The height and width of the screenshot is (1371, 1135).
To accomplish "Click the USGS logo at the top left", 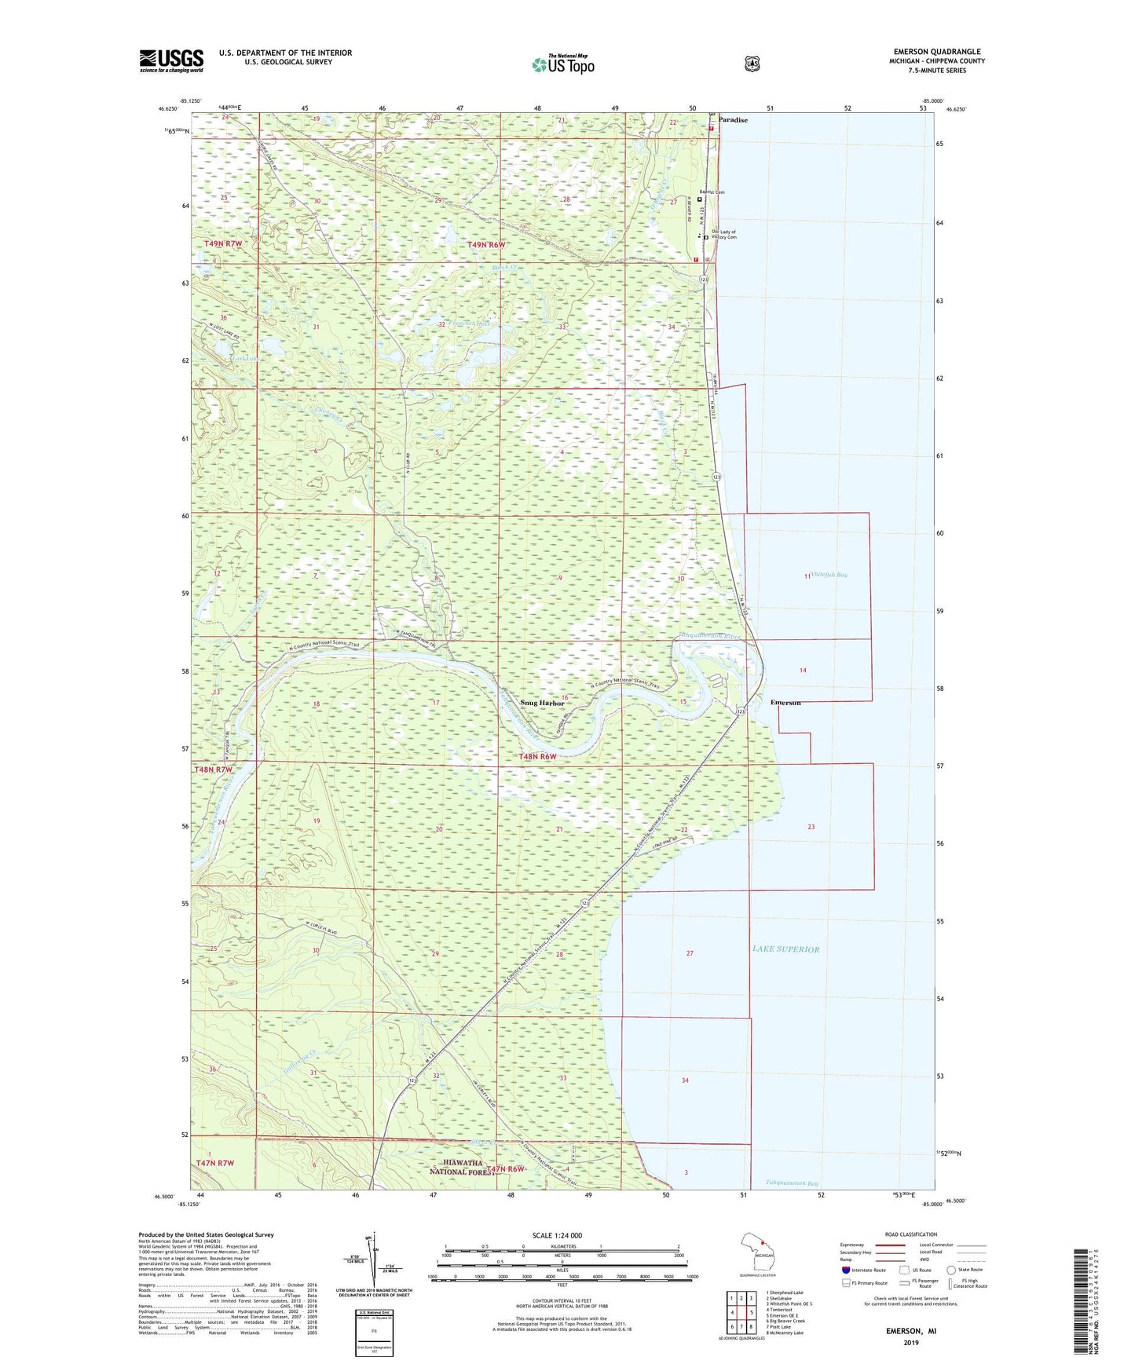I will click(x=171, y=60).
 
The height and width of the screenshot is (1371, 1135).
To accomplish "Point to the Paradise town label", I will click(x=732, y=120).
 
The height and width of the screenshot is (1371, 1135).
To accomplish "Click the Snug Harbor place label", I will click(x=542, y=703).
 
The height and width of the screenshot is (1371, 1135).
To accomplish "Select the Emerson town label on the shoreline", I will click(x=785, y=702).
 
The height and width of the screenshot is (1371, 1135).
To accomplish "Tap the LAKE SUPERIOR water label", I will click(x=785, y=949).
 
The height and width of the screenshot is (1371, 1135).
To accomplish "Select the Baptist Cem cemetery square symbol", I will click(x=700, y=199).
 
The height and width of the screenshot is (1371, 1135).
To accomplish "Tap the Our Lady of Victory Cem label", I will click(x=723, y=235).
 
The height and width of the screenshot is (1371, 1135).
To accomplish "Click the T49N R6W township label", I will click(x=486, y=245).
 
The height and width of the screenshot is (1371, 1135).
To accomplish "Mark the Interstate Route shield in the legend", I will click(x=845, y=1270).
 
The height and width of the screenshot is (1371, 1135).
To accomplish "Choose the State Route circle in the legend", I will click(x=951, y=1270).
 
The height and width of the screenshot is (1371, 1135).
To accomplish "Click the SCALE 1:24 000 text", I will click(x=557, y=1236).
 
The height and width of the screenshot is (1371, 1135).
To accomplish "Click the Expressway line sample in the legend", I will click(x=891, y=1245).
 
